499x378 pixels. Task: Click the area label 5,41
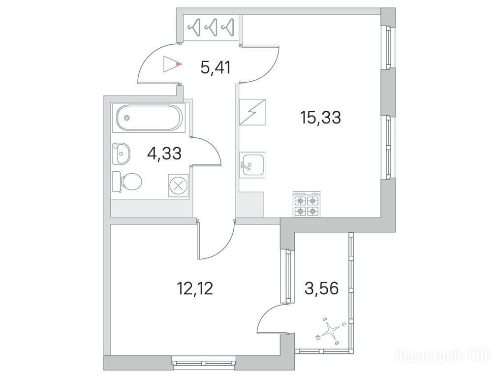215,67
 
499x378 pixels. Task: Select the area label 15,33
320,117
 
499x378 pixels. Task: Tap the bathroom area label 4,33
164,154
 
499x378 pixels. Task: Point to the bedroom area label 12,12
194,288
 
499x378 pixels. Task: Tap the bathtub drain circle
127,118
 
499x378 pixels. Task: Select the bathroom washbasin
121,154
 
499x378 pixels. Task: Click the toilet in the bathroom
127,182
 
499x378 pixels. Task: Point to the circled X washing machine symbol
179,186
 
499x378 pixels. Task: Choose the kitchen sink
252,164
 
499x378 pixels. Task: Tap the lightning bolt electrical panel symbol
252,112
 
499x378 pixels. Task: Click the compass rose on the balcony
331,332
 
